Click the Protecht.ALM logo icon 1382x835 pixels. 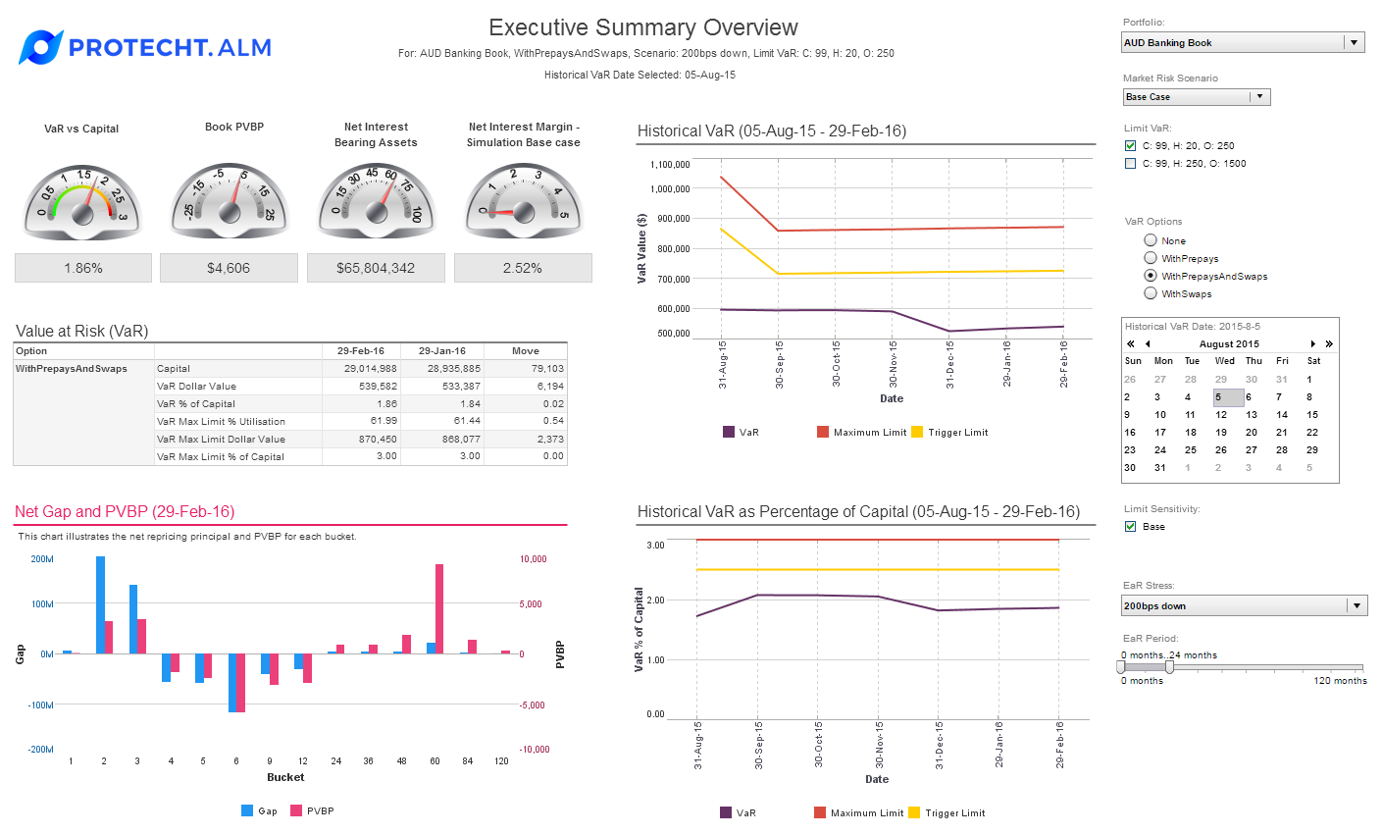point(40,47)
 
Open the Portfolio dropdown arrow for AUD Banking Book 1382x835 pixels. point(1355,43)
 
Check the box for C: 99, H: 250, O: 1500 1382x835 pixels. point(1131,164)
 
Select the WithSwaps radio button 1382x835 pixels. point(1151,293)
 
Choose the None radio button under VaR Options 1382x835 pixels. point(1151,240)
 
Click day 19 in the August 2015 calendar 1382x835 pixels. point(1221,433)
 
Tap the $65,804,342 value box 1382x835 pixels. point(376,268)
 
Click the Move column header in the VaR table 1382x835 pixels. point(526,351)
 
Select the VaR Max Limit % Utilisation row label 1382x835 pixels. point(221,422)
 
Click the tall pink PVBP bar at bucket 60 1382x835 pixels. point(439,608)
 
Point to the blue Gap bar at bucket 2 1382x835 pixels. point(100,604)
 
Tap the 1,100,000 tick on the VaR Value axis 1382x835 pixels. point(669,165)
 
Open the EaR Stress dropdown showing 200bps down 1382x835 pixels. point(1357,606)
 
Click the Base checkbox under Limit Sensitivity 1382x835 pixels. point(1131,527)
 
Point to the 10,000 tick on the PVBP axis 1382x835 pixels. point(533,559)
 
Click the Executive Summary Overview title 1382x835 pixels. point(643,27)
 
